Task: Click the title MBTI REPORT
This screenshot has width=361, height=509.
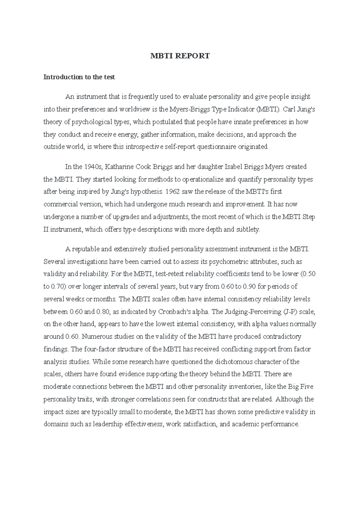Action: click(x=180, y=56)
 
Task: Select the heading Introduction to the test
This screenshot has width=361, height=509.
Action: click(x=79, y=77)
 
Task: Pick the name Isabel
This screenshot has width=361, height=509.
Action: click(x=232, y=167)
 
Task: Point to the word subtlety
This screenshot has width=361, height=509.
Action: click(x=248, y=230)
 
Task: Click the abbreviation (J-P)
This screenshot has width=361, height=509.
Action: click(x=291, y=312)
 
